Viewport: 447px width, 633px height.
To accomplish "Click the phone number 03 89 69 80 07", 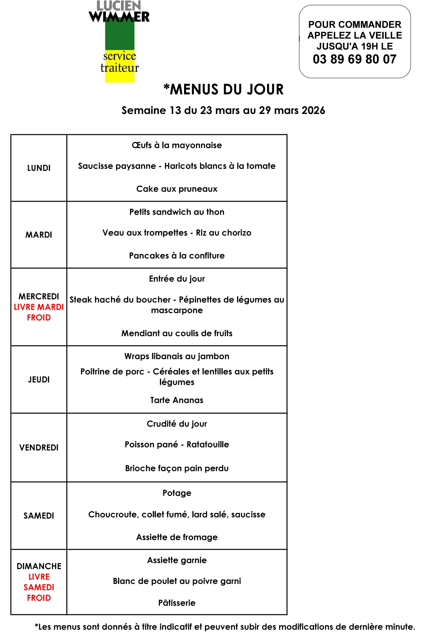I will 354,59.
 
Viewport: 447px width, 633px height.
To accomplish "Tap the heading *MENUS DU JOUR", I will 223,89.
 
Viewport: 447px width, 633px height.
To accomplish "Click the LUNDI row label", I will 39,168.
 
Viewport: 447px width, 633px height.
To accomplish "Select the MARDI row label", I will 39,235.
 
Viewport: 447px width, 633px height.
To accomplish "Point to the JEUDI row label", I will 39,379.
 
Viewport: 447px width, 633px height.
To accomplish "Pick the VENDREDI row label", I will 39,448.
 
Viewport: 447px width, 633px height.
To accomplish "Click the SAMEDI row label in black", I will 39,516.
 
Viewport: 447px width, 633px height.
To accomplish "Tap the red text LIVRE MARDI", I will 39,307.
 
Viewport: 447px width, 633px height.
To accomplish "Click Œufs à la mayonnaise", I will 177,145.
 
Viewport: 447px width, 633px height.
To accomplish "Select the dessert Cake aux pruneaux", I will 177,189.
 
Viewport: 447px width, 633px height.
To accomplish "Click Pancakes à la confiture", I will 177,256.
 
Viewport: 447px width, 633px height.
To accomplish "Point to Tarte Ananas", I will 177,400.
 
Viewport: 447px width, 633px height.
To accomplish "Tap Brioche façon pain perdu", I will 177,469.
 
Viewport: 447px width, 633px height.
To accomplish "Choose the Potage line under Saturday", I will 177,493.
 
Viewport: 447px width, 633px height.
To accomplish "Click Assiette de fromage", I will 177,537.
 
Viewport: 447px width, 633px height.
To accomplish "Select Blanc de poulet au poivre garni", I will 177,581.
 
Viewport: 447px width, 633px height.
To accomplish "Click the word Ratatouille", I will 208,444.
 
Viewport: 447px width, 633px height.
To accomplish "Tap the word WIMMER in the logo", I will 119,17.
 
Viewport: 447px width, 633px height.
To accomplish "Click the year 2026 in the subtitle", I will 313,110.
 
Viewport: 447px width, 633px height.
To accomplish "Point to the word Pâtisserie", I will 177,603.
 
